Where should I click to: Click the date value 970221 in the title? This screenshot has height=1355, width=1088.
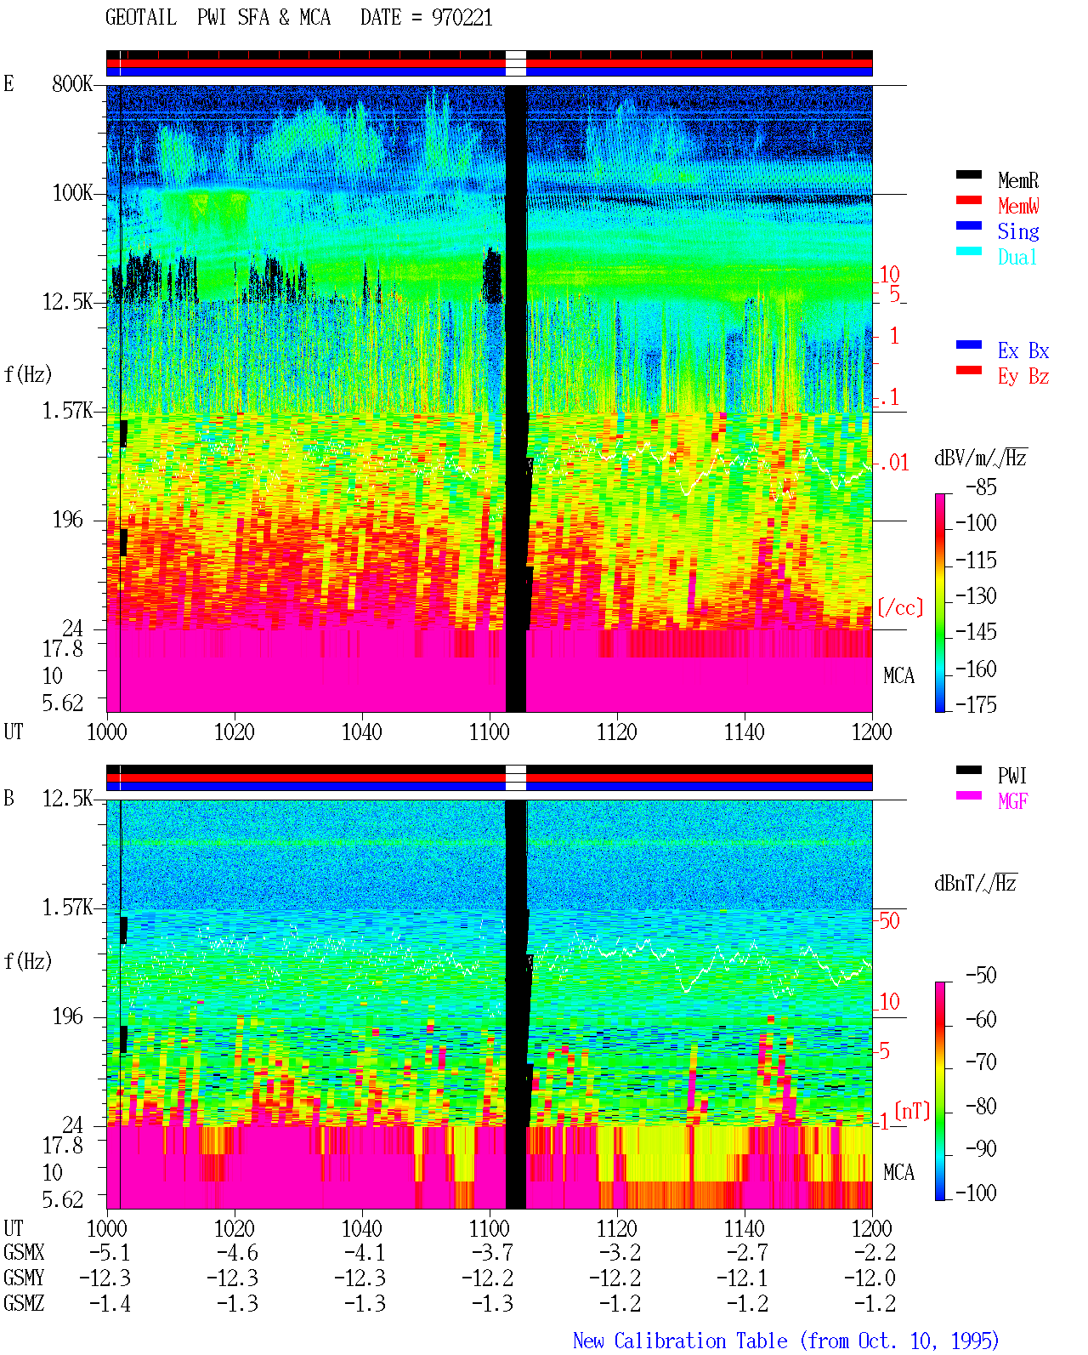pyautogui.click(x=462, y=18)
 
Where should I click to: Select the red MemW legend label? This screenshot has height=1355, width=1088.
pyautogui.click(x=1017, y=206)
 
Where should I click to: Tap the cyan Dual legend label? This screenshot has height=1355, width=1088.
pyautogui.click(x=1017, y=257)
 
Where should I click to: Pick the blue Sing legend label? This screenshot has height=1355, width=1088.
pyautogui.click(x=1017, y=231)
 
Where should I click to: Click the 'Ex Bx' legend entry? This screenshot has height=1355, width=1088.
pyautogui.click(x=1023, y=350)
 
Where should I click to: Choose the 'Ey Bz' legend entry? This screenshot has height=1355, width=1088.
pyautogui.click(x=1023, y=377)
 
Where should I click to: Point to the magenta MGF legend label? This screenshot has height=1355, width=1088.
pyautogui.click(x=1012, y=801)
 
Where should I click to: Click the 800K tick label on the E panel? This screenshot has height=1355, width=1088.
pyautogui.click(x=72, y=83)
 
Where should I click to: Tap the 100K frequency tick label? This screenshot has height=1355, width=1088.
pyautogui.click(x=72, y=193)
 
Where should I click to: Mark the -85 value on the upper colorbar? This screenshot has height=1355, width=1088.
pyautogui.click(x=981, y=487)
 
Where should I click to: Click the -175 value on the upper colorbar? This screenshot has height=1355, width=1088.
pyautogui.click(x=976, y=704)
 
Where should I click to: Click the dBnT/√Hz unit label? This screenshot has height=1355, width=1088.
pyautogui.click(x=975, y=883)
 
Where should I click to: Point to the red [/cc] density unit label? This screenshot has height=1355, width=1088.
pyautogui.click(x=900, y=607)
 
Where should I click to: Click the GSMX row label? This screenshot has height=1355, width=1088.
pyautogui.click(x=24, y=1252)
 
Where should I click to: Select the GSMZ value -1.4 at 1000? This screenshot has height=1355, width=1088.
pyautogui.click(x=110, y=1303)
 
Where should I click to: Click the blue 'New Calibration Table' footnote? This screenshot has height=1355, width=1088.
pyautogui.click(x=680, y=1341)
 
